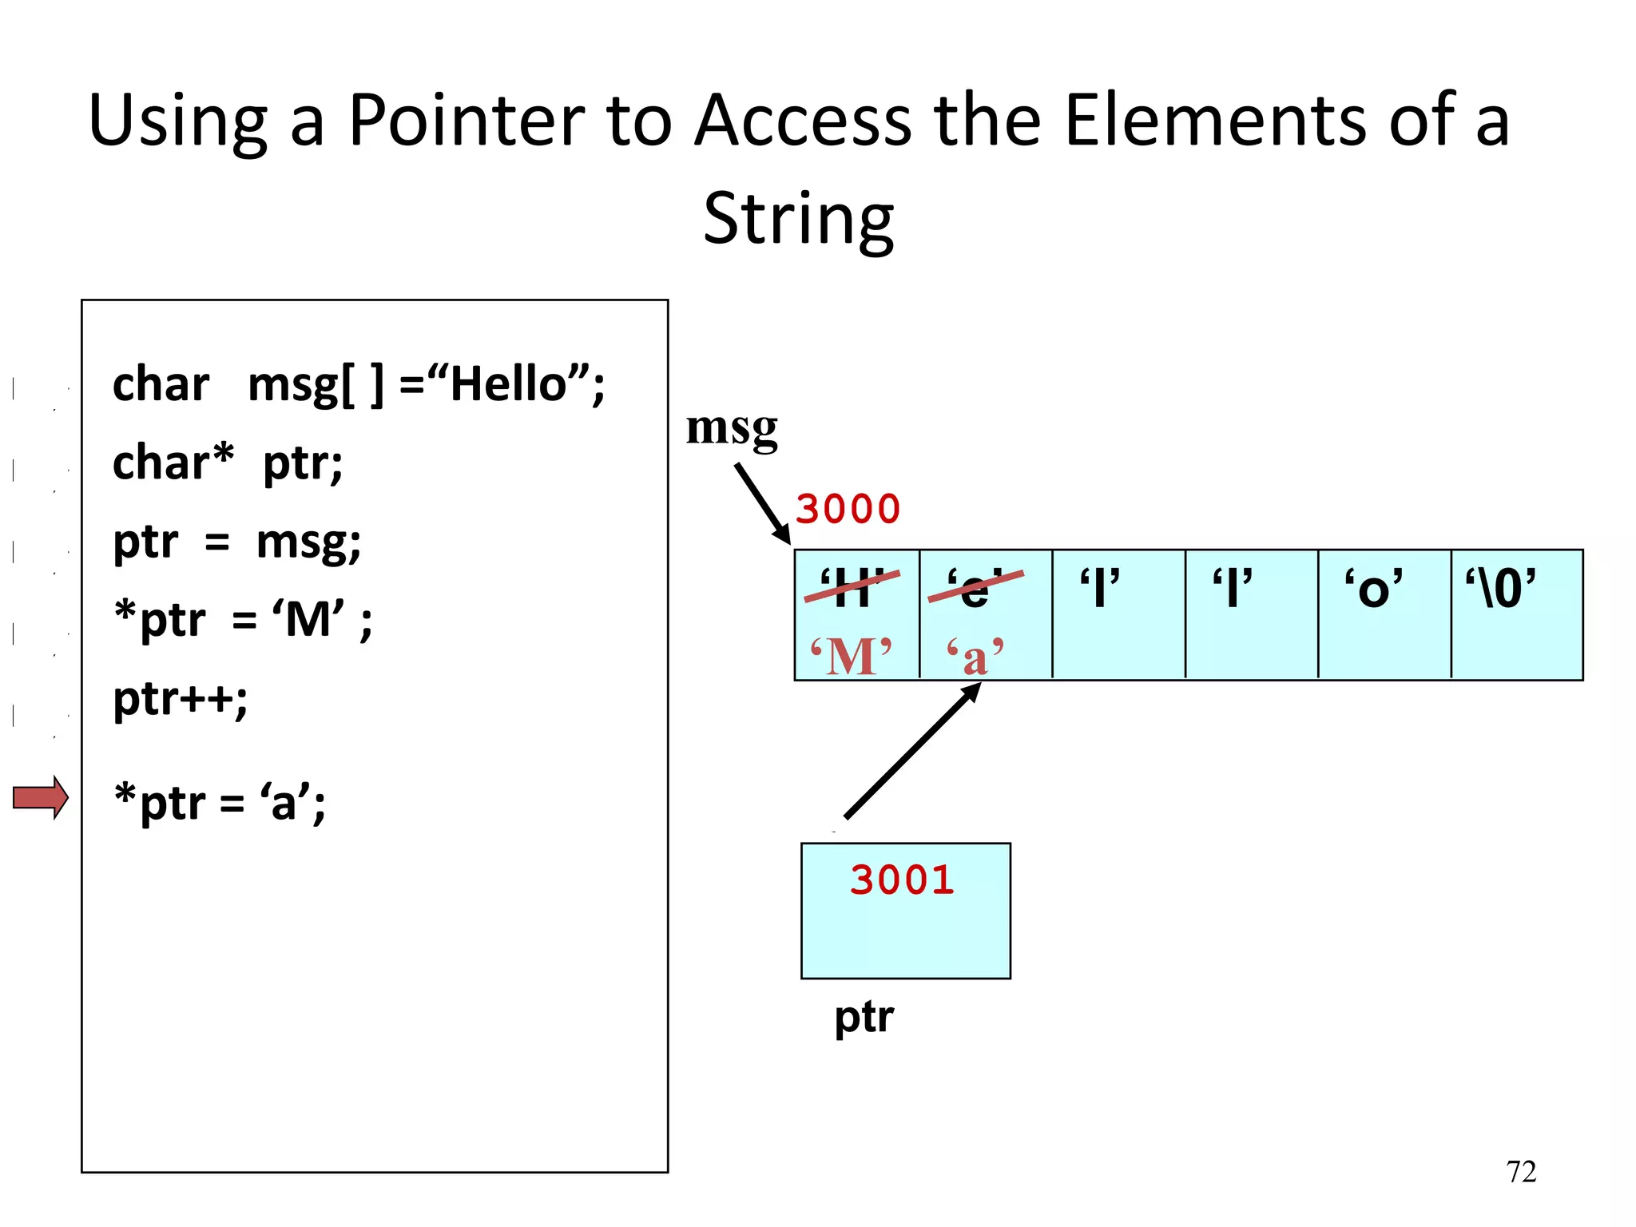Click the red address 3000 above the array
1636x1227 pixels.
pyautogui.click(x=848, y=510)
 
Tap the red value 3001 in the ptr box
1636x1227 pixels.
pyautogui.click(x=902, y=880)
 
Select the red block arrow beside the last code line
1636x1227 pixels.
pyautogui.click(x=41, y=797)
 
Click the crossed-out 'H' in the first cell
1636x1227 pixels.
pyautogui.click(x=852, y=588)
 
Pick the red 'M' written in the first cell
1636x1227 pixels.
pyautogui.click(x=851, y=657)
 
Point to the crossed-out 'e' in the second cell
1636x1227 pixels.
pyautogui.click(x=975, y=590)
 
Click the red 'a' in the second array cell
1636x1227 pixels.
pyautogui.click(x=975, y=657)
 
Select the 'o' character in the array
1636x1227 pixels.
pyautogui.click(x=1373, y=590)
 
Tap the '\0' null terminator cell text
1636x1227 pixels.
pyautogui.click(x=1500, y=590)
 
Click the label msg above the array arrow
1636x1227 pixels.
pyautogui.click(x=732, y=427)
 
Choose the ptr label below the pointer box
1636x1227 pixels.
pyautogui.click(x=864, y=1018)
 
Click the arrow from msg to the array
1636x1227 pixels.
pyautogui.click(x=762, y=503)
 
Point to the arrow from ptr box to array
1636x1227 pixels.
pyautogui.click(x=911, y=752)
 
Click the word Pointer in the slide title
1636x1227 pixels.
pyautogui.click(x=467, y=121)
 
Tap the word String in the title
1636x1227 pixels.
pyautogui.click(x=798, y=219)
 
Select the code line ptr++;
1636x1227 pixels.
pyautogui.click(x=181, y=699)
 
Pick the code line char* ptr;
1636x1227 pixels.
pyautogui.click(x=228, y=463)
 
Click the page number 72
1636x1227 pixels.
pyautogui.click(x=1521, y=1172)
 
